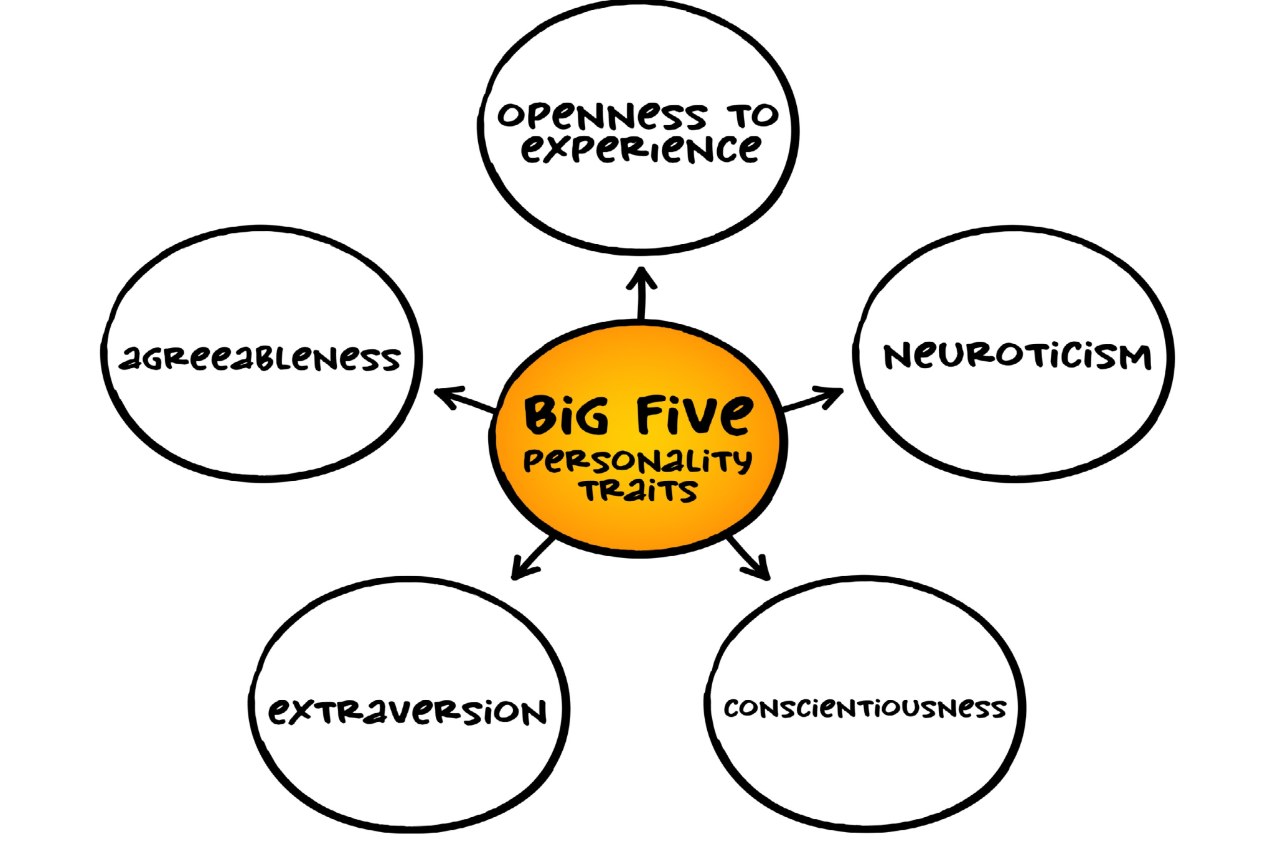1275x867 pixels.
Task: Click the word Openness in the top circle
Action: point(601,116)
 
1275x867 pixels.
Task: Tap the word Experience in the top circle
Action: point(641,149)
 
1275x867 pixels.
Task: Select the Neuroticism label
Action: point(1017,356)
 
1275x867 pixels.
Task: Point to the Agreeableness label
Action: point(260,358)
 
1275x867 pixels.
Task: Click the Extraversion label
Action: point(408,711)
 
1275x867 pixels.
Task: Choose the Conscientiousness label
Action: point(865,708)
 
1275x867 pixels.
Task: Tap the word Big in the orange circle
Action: point(566,415)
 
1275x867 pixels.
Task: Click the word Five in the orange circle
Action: point(694,414)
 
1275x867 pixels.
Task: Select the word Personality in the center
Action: point(637,461)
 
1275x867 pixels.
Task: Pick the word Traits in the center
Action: point(639,490)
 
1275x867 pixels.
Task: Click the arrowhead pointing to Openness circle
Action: point(642,277)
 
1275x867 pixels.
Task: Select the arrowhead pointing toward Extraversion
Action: point(520,569)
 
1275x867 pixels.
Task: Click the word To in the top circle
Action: point(753,115)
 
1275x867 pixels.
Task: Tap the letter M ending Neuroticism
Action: point(1133,358)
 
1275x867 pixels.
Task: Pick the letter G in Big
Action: point(591,416)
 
